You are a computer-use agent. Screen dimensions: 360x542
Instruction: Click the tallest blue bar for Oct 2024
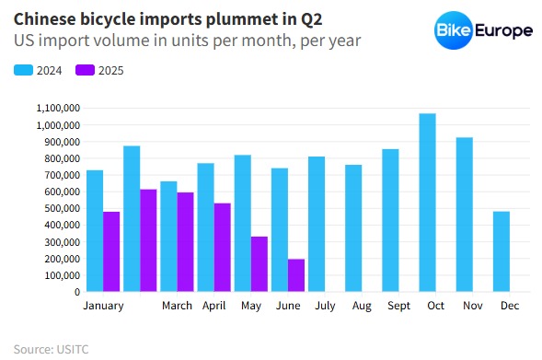[427, 203]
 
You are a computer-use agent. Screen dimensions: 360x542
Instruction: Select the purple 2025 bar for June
[295, 275]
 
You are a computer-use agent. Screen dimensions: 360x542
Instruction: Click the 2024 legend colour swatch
[22, 70]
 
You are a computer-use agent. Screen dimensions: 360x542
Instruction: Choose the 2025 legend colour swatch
[84, 70]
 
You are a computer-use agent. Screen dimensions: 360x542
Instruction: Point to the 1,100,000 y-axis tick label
[57, 108]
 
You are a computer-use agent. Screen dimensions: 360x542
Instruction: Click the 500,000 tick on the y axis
[61, 208]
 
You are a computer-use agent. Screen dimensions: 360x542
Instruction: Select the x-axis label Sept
[398, 306]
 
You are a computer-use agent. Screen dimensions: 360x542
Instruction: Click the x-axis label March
[177, 306]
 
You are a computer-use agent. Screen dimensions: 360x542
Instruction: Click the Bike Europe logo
[484, 30]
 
